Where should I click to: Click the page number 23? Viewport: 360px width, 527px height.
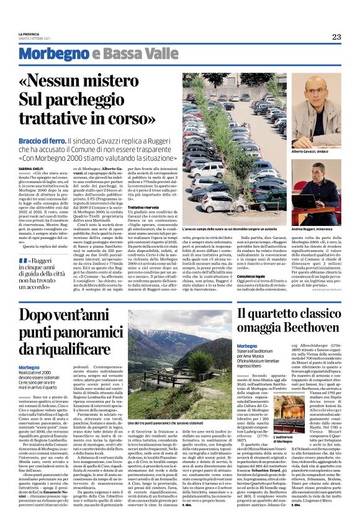[x=336, y=37]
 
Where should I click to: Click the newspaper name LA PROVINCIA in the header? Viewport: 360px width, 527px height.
[x=29, y=34]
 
